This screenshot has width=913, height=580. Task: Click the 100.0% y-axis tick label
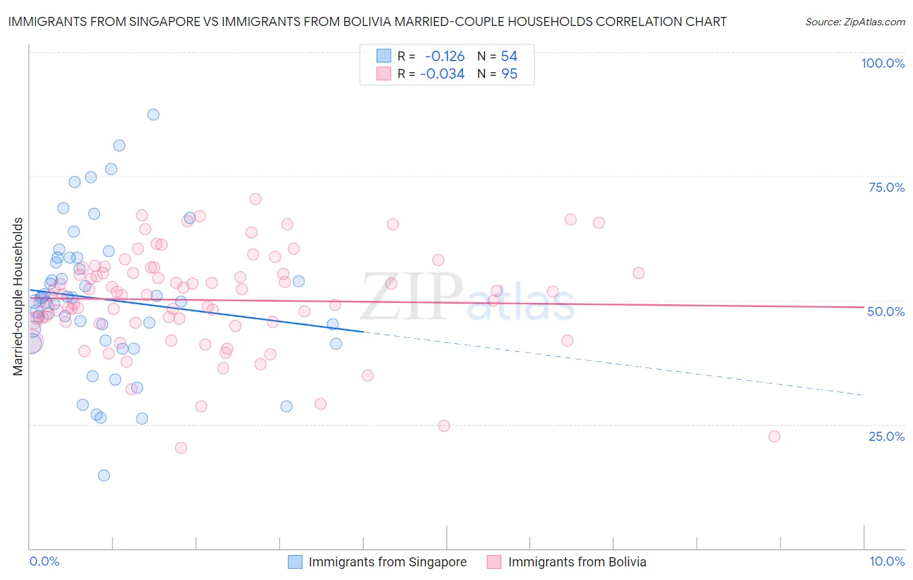pyautogui.click(x=882, y=63)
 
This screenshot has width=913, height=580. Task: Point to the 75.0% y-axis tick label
pyautogui.click(x=886, y=187)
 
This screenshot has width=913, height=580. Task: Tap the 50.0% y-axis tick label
pyautogui.click(x=886, y=311)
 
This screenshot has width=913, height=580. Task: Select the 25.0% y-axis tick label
pyautogui.click(x=886, y=436)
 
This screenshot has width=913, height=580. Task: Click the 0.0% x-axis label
pyautogui.click(x=44, y=561)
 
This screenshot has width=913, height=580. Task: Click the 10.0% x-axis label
pyautogui.click(x=886, y=561)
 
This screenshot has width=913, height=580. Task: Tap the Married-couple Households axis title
pyautogui.click(x=18, y=296)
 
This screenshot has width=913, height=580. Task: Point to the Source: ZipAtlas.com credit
pyautogui.click(x=855, y=21)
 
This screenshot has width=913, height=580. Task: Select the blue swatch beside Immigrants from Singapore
pyautogui.click(x=295, y=562)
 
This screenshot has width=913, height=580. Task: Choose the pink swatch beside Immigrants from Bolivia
pyautogui.click(x=495, y=562)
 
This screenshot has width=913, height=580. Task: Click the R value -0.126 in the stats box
pyautogui.click(x=445, y=57)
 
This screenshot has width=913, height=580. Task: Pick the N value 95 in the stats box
pyautogui.click(x=509, y=74)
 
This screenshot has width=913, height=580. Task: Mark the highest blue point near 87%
pyautogui.click(x=153, y=114)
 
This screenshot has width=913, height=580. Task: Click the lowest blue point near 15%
pyautogui.click(x=104, y=475)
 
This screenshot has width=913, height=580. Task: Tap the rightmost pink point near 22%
pyautogui.click(x=774, y=436)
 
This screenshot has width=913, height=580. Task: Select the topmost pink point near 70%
pyautogui.click(x=256, y=199)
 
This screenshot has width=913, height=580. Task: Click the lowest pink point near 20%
pyautogui.click(x=181, y=448)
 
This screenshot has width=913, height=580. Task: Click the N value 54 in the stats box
pyautogui.click(x=509, y=57)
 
